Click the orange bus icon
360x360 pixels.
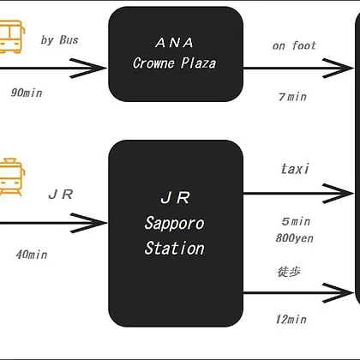click(11, 37)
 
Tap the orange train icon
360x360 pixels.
click(11, 177)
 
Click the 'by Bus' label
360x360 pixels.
click(59, 40)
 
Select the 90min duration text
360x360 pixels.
click(27, 93)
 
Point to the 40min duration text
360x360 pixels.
click(32, 255)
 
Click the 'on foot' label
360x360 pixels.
click(294, 45)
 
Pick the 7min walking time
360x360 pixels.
click(292, 97)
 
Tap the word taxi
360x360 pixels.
click(295, 169)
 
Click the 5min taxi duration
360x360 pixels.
click(296, 221)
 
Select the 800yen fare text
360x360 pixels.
click(295, 238)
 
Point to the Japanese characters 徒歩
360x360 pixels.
click(289, 272)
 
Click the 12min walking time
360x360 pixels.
click(291, 319)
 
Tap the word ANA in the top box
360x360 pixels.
click(175, 43)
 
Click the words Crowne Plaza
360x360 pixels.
click(175, 63)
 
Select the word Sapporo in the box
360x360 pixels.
click(175, 223)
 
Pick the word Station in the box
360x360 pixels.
click(175, 248)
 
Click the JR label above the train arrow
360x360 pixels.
click(61, 195)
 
